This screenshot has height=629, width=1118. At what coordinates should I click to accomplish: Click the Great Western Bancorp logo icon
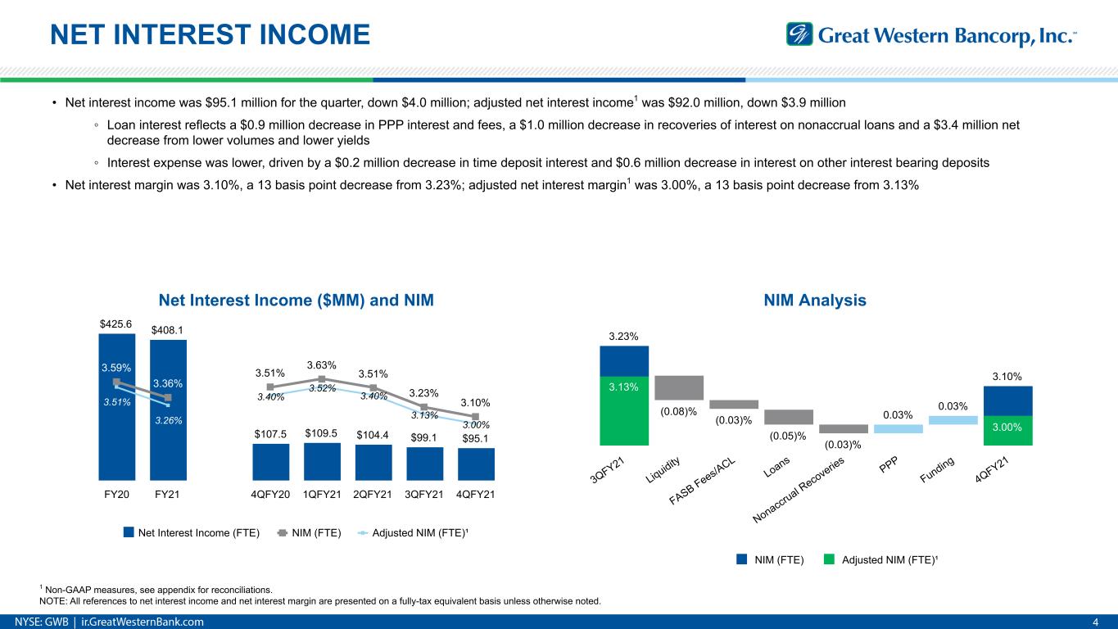[x=799, y=34]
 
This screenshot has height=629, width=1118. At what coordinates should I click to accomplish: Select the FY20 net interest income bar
[x=117, y=434]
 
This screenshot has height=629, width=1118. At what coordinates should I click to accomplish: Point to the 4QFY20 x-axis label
[x=270, y=495]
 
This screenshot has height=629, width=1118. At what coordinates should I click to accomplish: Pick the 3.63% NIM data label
[x=321, y=364]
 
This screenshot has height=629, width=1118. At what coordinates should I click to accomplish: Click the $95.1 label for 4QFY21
[x=476, y=436]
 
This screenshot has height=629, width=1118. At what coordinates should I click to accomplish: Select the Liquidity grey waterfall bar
[x=679, y=387]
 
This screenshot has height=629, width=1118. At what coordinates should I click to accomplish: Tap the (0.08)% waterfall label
[x=679, y=411]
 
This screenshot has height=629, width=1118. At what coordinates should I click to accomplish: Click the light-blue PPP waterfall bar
[x=898, y=428]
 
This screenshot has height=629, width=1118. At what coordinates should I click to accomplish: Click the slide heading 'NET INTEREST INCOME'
[x=210, y=34]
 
